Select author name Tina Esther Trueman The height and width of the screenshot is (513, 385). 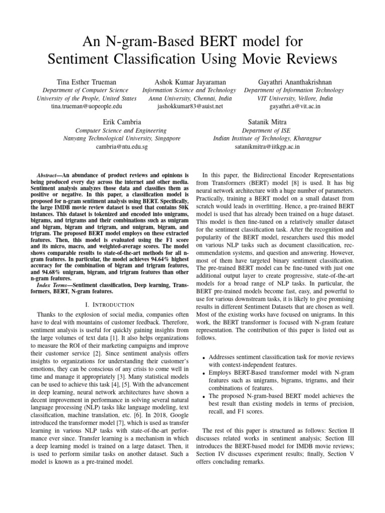[x=87, y=82]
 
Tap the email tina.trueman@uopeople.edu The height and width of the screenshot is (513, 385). [x=87, y=107]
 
